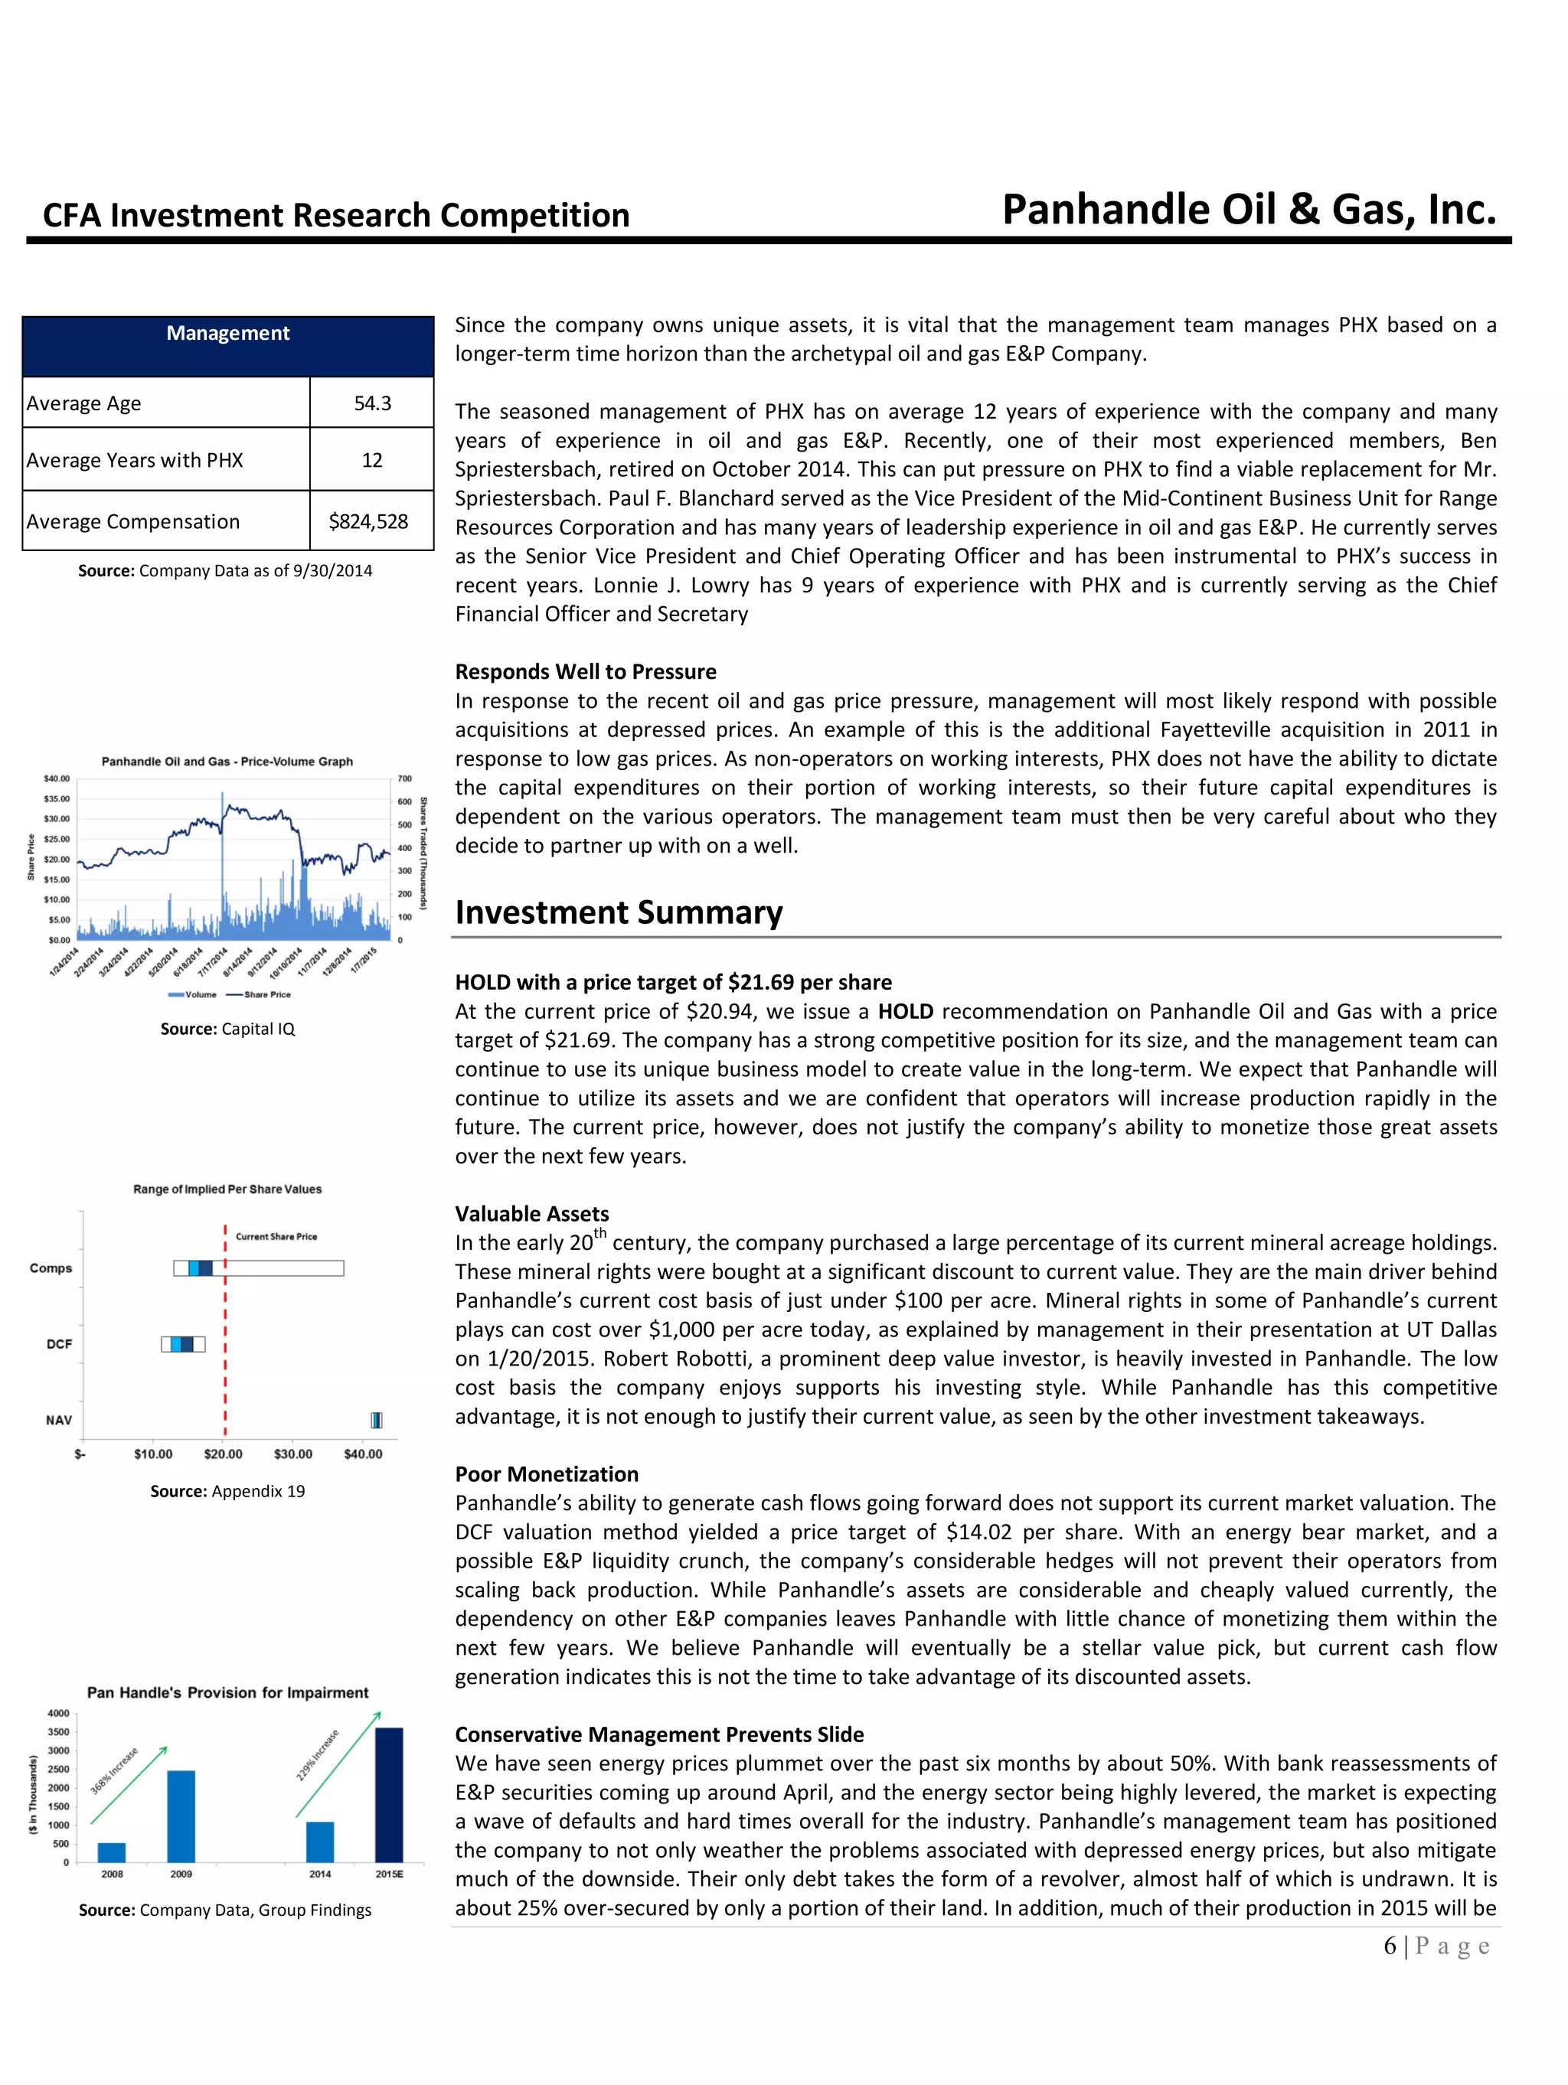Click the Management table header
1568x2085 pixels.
227,334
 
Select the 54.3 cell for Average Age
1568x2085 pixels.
371,403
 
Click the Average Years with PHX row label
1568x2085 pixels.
135,460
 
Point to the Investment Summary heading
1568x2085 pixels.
619,912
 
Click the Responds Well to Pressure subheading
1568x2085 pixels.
586,671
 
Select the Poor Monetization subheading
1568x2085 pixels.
547,1473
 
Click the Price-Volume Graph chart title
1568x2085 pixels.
227,761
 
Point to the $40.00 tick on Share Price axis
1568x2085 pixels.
57,778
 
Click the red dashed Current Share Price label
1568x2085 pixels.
276,1235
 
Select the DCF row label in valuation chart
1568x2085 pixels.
60,1343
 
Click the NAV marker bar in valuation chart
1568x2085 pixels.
376,1420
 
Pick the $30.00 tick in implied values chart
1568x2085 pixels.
293,1454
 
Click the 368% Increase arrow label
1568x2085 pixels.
115,1770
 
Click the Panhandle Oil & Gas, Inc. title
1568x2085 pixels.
1249,209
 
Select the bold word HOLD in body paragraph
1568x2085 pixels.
905,1011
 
